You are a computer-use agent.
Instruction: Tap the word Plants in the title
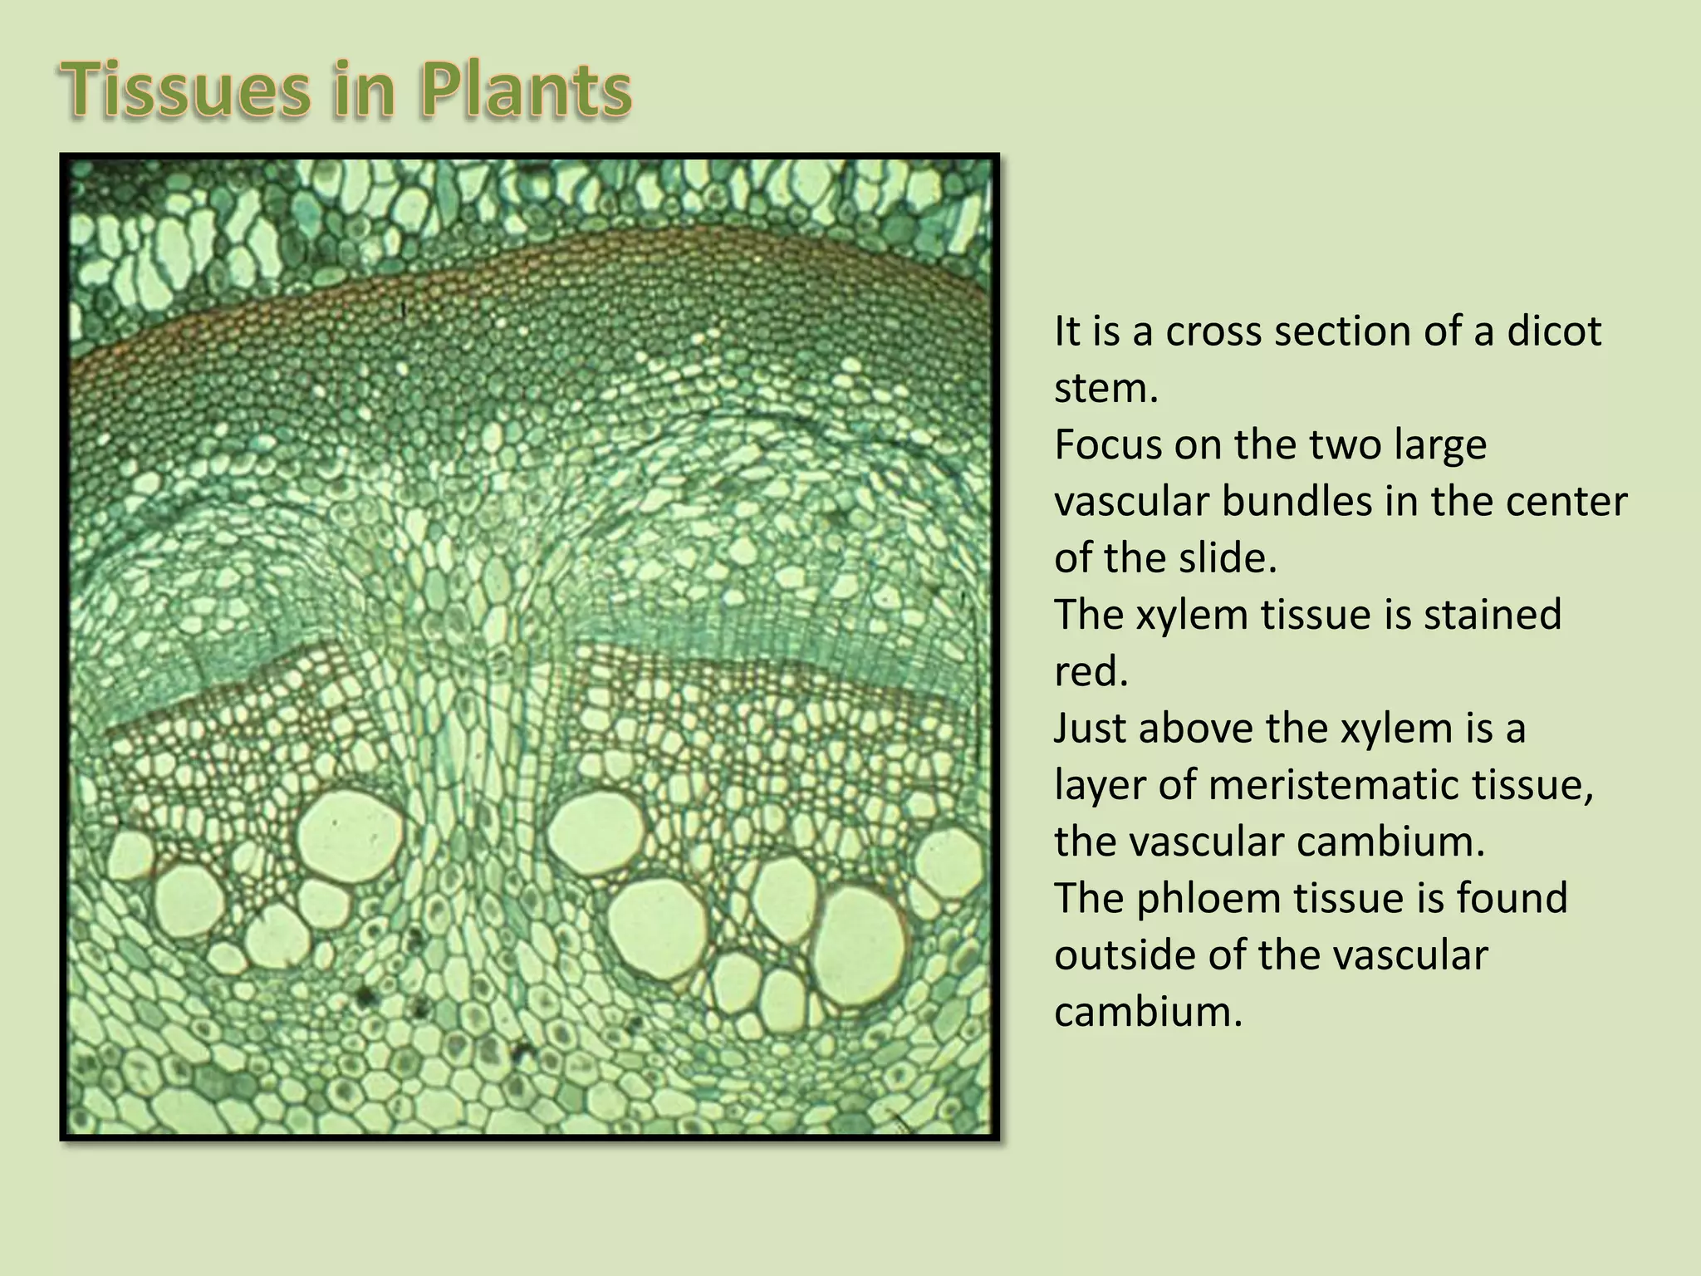[526, 91]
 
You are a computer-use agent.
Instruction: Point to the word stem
[1105, 388]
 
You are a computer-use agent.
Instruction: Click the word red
[1091, 671]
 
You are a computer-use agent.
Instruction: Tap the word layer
[1100, 785]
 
